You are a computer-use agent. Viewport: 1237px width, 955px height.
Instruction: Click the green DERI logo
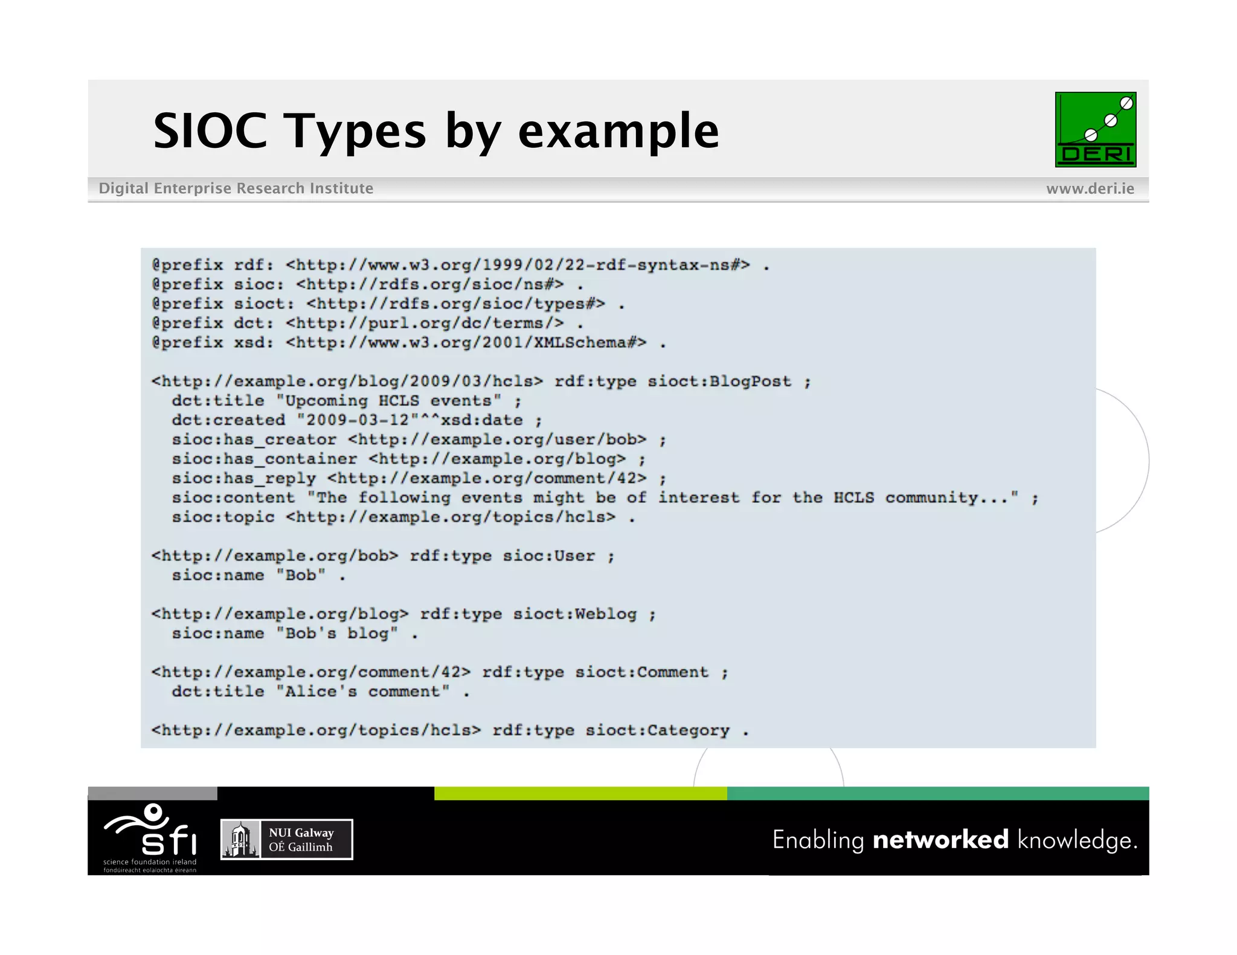1095,129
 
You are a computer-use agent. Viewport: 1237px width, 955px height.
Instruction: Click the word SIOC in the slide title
210,131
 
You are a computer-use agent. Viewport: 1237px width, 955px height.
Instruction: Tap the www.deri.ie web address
1090,188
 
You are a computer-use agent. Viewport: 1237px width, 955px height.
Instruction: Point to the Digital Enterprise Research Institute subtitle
236,188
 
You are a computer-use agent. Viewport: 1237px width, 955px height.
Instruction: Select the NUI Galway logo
286,839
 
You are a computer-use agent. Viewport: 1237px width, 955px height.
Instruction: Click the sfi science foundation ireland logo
150,836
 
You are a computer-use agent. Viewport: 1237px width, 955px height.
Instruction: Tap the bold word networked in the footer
940,840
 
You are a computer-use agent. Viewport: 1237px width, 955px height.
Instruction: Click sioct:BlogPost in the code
719,382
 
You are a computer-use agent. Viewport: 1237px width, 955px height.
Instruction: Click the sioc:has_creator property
254,439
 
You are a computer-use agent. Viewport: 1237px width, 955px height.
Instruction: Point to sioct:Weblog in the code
574,614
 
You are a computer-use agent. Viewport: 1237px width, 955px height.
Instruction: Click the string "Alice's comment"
363,692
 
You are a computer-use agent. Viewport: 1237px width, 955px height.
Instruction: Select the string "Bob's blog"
337,634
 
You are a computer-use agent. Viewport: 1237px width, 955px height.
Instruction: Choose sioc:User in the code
548,556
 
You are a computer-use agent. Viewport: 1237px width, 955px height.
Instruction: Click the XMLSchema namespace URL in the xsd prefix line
466,343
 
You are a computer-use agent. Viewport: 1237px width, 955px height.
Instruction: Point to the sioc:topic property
223,517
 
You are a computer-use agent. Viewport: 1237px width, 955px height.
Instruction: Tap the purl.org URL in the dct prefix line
425,324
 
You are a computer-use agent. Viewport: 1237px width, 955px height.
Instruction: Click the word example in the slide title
618,131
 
